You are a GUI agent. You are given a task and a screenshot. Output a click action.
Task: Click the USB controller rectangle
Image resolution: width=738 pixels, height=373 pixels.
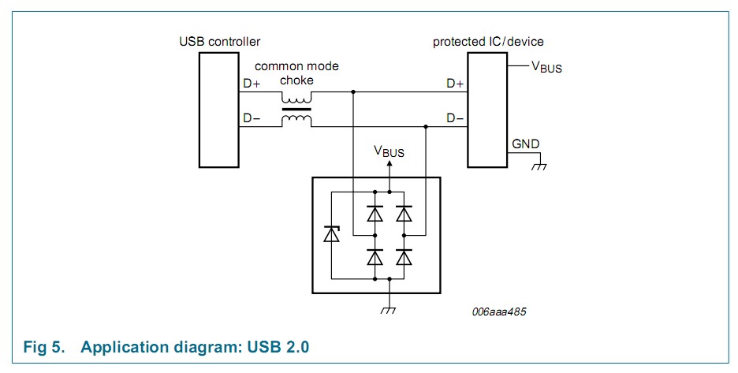(219, 110)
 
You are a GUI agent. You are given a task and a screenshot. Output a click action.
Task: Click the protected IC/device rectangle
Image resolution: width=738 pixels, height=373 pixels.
(487, 110)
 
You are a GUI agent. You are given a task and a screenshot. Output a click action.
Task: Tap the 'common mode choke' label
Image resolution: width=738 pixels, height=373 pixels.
(296, 73)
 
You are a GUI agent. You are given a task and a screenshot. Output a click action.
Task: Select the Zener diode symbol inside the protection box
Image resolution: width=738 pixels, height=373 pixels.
(332, 234)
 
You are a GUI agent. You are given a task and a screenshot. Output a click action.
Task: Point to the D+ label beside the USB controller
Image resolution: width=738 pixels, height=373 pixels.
(252, 84)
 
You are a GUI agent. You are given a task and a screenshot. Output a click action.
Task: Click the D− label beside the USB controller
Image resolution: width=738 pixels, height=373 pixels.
(252, 118)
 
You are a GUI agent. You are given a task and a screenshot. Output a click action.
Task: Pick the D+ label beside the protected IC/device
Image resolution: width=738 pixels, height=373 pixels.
(455, 84)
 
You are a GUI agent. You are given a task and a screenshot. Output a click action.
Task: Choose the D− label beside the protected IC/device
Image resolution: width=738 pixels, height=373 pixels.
(455, 118)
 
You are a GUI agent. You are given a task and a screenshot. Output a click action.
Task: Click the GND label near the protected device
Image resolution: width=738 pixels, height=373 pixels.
(525, 144)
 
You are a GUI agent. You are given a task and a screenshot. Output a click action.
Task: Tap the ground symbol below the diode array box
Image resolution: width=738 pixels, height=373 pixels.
(389, 310)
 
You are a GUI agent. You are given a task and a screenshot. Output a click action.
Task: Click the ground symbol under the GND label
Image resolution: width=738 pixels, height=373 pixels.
(539, 166)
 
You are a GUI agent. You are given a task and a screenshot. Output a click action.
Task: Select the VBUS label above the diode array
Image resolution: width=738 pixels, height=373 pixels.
(389, 151)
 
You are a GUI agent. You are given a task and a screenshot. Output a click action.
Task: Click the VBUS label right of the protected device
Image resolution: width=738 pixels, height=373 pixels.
(546, 67)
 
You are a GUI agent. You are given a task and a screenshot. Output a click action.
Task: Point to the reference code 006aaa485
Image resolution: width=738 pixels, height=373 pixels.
(499, 311)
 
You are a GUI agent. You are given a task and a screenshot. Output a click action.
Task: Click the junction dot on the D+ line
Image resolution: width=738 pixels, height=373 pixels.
(353, 91)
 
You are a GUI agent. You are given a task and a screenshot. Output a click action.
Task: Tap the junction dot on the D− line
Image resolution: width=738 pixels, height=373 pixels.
(426, 126)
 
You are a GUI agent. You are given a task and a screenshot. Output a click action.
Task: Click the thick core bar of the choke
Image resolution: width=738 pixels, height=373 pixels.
(296, 110)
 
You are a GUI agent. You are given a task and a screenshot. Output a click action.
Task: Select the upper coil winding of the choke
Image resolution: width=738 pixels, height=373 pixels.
(296, 98)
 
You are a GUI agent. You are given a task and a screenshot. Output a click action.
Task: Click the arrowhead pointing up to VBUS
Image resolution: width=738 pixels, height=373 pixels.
(389, 163)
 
